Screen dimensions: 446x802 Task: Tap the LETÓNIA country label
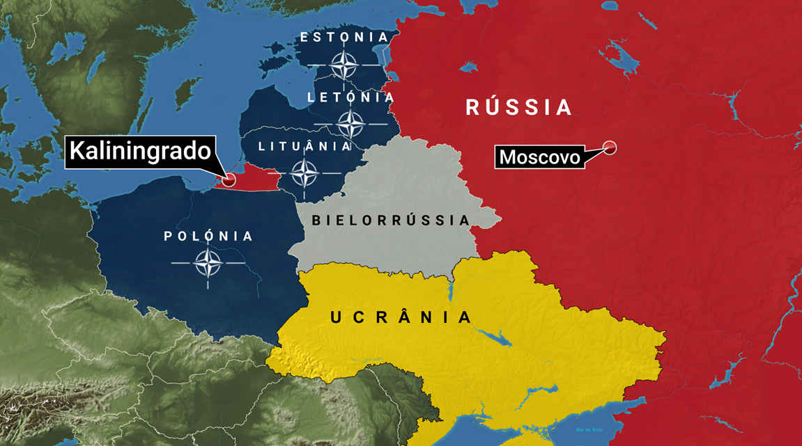(351, 97)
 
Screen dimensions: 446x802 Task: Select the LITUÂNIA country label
(305, 147)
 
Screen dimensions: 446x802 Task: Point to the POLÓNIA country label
(208, 237)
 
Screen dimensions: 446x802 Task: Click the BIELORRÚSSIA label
(391, 221)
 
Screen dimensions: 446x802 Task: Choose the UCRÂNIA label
(401, 317)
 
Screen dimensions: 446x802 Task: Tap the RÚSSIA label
(518, 107)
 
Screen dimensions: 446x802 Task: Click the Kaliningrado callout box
(139, 151)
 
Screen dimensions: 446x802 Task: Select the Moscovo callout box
(539, 157)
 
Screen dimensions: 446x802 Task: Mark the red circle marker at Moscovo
(610, 148)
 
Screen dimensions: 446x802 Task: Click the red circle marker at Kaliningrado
(228, 180)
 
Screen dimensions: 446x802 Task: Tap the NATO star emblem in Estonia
(344, 66)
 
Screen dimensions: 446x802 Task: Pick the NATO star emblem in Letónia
(350, 125)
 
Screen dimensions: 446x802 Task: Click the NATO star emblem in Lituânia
(304, 173)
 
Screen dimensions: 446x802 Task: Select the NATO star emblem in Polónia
(208, 264)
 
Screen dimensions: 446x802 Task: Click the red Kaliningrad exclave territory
(251, 181)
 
